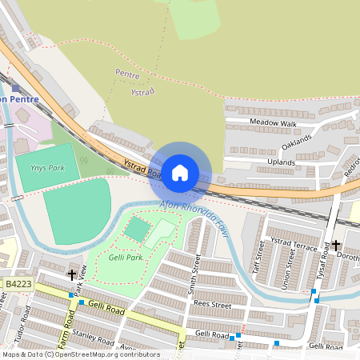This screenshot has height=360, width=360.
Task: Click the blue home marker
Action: [180, 172]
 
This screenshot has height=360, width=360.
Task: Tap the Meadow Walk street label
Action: [273, 124]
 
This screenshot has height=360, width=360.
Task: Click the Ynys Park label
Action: [47, 168]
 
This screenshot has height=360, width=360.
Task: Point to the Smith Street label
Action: [193, 274]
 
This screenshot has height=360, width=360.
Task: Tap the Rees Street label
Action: [214, 305]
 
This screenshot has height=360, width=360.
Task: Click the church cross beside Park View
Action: [72, 274]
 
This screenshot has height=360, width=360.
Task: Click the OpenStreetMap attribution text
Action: [80, 354]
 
